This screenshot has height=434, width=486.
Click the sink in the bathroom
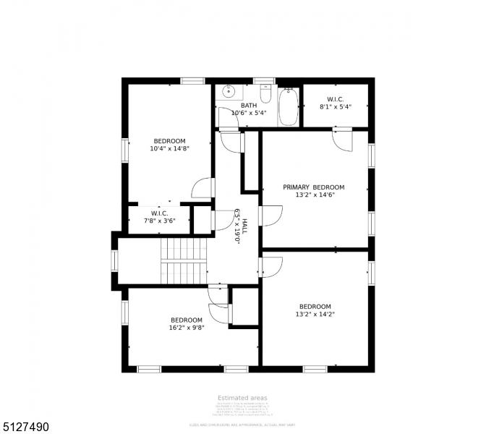(x=229, y=92)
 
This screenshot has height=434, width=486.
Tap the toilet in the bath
(x=265, y=95)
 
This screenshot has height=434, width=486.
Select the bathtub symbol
(x=289, y=106)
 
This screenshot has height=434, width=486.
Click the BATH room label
(x=249, y=105)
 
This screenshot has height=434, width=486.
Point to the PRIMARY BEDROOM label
(x=313, y=187)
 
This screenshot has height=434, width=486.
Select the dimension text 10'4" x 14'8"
(x=169, y=149)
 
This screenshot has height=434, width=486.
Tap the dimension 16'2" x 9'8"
(x=187, y=328)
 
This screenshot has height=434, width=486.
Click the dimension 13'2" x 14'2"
(x=315, y=314)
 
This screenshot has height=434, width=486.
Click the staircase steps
(x=184, y=261)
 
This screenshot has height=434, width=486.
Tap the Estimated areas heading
(x=242, y=398)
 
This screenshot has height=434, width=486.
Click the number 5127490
(x=25, y=427)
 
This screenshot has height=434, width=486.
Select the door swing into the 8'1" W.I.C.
(x=341, y=139)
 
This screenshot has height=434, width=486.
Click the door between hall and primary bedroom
(x=270, y=216)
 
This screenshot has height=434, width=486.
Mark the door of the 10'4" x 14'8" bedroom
(x=202, y=188)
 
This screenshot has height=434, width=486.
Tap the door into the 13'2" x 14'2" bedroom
(x=271, y=266)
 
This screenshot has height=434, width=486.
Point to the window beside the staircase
(x=114, y=260)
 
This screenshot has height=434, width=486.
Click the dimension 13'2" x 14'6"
(x=313, y=195)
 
